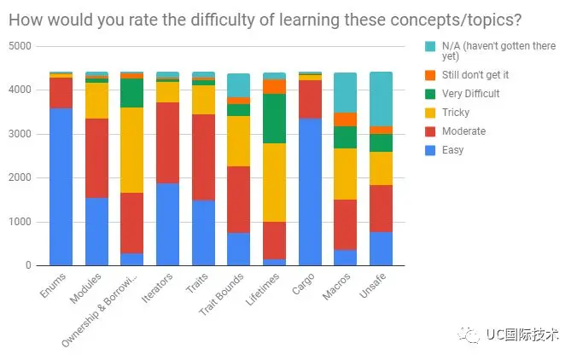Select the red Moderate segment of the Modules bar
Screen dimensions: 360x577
coord(96,158)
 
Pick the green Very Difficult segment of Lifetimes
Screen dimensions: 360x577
coord(274,119)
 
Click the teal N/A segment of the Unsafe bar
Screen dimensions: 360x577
coord(381,99)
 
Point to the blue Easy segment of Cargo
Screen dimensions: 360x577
coord(310,192)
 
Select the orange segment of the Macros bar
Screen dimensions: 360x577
coord(345,119)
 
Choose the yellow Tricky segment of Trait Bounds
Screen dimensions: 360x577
coord(239,141)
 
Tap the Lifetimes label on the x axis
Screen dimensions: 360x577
coord(266,290)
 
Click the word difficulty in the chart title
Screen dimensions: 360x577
coord(175,19)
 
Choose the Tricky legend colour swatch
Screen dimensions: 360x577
coord(429,113)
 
